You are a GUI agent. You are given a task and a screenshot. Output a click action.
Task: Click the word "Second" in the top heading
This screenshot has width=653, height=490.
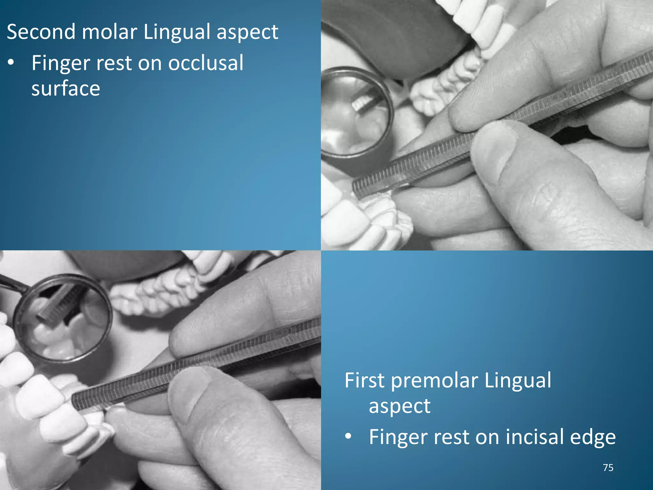(x=40, y=32)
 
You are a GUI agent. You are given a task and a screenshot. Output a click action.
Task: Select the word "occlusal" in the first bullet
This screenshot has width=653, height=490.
(x=206, y=63)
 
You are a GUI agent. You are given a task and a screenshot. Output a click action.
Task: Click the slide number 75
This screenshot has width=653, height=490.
(x=608, y=468)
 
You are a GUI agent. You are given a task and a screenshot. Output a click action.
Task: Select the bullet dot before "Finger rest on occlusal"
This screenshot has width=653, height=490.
(x=11, y=63)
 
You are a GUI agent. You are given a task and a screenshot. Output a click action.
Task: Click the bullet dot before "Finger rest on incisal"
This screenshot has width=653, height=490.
(x=348, y=436)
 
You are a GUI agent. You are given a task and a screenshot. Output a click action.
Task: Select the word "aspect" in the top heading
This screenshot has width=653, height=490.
(x=247, y=33)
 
